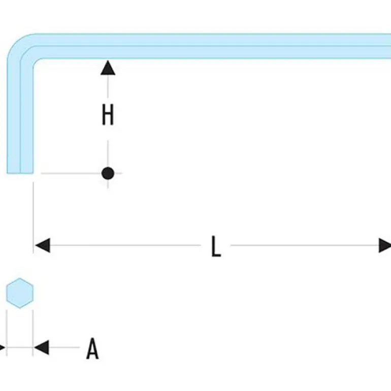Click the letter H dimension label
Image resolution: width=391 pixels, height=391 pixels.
pyautogui.click(x=108, y=116)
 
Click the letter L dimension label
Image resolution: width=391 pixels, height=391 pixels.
pyautogui.click(x=216, y=246)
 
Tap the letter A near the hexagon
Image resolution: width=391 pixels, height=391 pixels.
pyautogui.click(x=92, y=348)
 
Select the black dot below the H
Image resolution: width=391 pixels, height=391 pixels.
pyautogui.click(x=108, y=173)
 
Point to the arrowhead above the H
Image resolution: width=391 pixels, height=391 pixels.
pyautogui.click(x=108, y=68)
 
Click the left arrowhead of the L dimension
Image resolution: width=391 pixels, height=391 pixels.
pyautogui.click(x=42, y=245)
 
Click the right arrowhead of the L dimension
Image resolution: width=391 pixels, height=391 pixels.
pyautogui.click(x=385, y=245)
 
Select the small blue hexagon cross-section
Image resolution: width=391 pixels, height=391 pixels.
pyautogui.click(x=20, y=293)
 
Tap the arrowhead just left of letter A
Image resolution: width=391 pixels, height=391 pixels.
pyautogui.click(x=41, y=348)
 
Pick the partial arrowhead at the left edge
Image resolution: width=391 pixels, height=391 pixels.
pyautogui.click(x=2, y=348)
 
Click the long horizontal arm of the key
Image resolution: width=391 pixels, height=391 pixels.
pyautogui.click(x=213, y=46)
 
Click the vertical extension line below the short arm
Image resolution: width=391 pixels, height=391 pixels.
pyautogui.click(x=34, y=208)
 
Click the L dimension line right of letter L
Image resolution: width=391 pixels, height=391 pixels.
pyautogui.click(x=305, y=245)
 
